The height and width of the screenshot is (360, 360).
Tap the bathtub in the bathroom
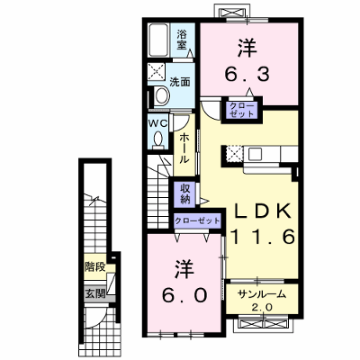(x=158, y=40)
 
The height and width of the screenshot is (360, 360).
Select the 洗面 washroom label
(x=180, y=82)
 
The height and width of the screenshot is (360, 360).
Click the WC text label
(x=158, y=123)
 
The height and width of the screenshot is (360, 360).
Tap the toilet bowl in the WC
(x=158, y=140)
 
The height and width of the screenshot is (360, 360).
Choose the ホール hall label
(x=184, y=148)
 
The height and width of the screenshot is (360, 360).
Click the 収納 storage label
(x=185, y=193)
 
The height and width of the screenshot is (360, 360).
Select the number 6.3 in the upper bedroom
(x=247, y=74)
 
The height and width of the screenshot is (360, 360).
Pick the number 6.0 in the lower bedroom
(x=184, y=295)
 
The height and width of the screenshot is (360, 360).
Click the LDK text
(x=263, y=211)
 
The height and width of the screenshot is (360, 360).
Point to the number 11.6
(x=262, y=236)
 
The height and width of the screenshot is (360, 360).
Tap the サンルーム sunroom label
(x=262, y=295)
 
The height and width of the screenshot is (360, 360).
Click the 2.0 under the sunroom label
(x=263, y=307)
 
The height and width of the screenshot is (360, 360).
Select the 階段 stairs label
(x=94, y=266)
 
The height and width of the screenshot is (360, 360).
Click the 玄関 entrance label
(x=95, y=293)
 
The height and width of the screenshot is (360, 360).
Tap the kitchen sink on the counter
(x=255, y=154)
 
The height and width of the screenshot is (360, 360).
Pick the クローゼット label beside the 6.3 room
(x=242, y=110)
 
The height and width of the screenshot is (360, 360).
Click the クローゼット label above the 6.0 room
(x=197, y=221)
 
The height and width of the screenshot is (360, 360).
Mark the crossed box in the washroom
(x=157, y=72)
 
